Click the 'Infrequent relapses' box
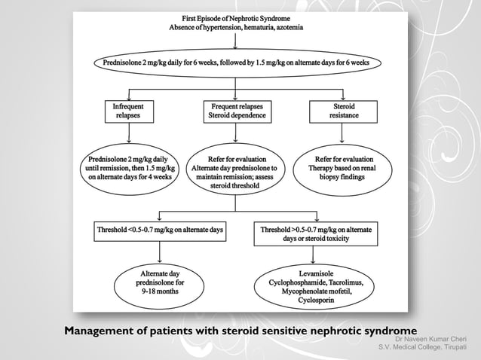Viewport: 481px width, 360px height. pos(127,111)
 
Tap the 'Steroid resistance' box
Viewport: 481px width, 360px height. pos(343,111)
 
